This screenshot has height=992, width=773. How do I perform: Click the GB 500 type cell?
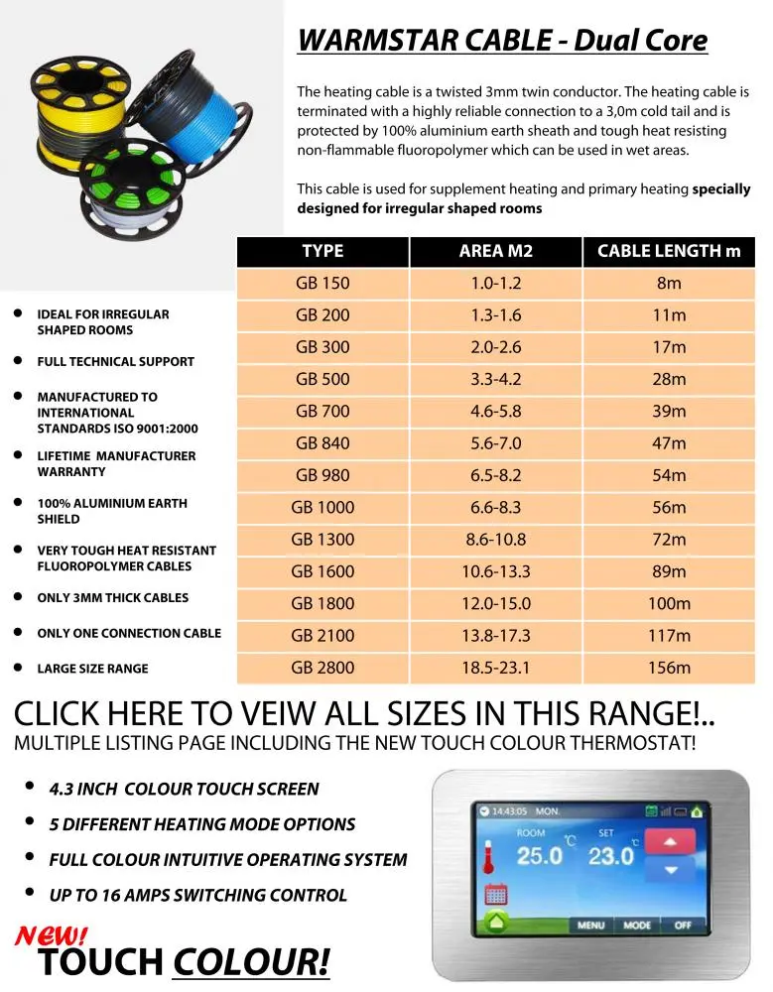[322, 379]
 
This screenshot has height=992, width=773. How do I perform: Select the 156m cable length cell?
[668, 668]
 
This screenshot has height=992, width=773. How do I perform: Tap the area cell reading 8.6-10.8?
[495, 540]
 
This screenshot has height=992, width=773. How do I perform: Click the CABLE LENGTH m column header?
[668, 251]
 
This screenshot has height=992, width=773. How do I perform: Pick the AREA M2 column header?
[495, 251]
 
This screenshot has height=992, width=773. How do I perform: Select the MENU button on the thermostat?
[591, 926]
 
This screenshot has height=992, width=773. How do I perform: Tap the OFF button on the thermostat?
[683, 926]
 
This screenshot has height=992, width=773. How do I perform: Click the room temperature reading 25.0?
[539, 855]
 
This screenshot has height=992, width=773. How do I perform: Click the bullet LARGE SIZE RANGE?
[92, 669]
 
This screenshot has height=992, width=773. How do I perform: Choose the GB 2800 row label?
[322, 668]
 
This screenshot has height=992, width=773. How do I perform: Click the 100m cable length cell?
[668, 603]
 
